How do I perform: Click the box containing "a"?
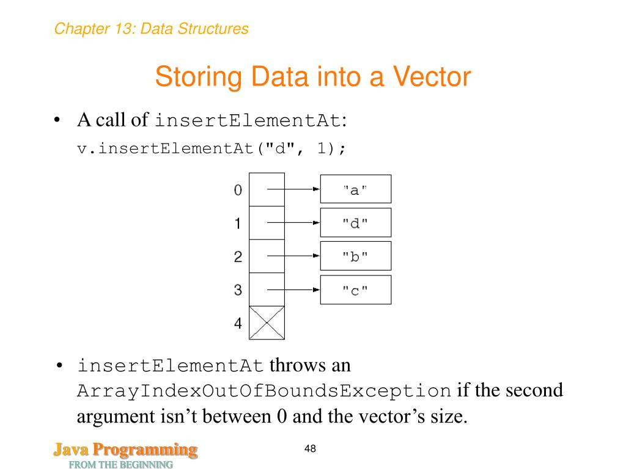355,189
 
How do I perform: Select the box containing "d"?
355,223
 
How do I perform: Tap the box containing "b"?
355,256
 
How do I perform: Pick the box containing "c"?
355,290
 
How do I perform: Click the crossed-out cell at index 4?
267,322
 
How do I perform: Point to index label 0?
238,191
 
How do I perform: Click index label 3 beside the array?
238,290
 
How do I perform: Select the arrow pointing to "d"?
293,223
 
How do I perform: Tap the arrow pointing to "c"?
293,289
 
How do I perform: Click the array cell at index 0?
267,189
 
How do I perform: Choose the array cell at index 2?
267,256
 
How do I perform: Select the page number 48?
310,449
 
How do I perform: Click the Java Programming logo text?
125,451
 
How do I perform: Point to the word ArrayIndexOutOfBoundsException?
263,391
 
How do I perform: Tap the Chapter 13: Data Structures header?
151,29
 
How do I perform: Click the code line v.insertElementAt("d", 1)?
212,148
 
